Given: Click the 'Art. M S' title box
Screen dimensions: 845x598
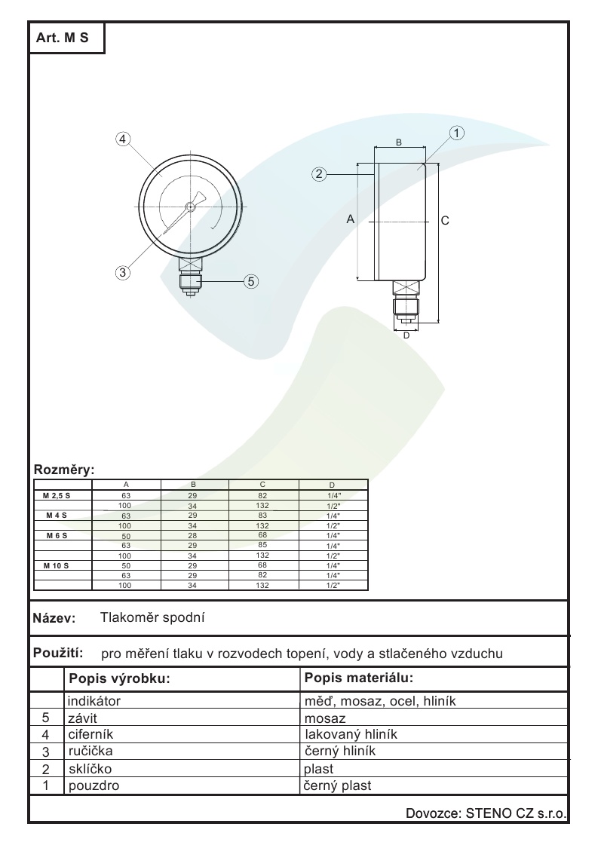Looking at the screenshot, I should [66, 38].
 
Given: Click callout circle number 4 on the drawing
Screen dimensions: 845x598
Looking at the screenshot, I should [124, 139].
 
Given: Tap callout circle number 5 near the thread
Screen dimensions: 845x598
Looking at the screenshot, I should [252, 281].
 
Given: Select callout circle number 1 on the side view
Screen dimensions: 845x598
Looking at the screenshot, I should [456, 133].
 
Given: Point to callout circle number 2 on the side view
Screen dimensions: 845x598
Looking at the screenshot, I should [320, 174].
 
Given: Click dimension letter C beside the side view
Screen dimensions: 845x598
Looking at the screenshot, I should [445, 220].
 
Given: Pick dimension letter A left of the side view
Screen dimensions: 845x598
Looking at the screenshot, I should [350, 219].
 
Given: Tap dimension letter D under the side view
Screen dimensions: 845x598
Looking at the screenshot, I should [406, 335].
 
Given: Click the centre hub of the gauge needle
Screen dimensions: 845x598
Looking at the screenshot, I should [192, 205].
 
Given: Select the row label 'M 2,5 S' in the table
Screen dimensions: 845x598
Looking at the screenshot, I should [57, 496].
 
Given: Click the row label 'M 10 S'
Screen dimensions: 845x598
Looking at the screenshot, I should [57, 565].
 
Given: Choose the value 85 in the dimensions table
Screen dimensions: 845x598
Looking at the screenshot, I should [262, 545].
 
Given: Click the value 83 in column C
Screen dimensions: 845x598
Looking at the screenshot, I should [262, 516].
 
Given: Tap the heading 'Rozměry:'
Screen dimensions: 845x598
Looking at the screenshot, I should [64, 470].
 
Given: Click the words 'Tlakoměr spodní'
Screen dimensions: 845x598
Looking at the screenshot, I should [153, 618].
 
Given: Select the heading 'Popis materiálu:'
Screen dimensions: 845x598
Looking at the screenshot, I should [359, 677].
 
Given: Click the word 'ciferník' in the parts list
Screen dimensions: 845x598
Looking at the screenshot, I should [90, 734].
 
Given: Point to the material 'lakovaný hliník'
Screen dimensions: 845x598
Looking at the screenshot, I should [351, 734].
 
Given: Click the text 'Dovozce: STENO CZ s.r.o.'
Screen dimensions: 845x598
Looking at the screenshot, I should [486, 813].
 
